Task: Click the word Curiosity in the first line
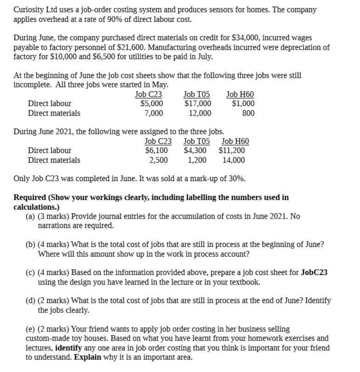pos(28,10)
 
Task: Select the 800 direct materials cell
pos(248,113)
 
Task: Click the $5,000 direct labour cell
pos(152,104)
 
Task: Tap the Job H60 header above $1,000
pos(240,95)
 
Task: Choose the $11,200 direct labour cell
pos(232,150)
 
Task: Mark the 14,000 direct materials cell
pos(234,160)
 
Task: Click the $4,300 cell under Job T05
pos(195,150)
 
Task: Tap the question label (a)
pos(30,216)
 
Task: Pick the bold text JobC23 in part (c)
pos(314,272)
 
